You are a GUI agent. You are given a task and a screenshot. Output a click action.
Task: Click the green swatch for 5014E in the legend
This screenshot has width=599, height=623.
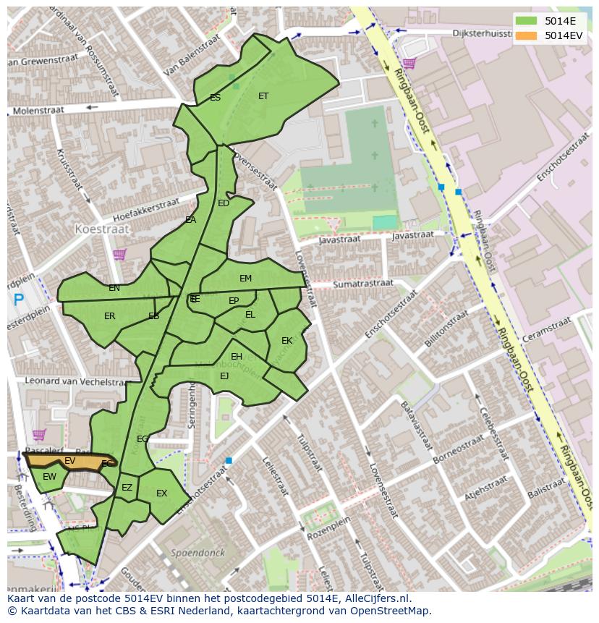[526, 21]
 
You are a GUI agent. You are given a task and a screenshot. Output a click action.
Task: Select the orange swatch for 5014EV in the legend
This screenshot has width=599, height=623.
[526, 35]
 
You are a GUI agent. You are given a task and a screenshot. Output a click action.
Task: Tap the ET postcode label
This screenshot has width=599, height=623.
[263, 96]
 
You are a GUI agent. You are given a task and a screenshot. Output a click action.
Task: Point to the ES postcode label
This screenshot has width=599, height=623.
[215, 98]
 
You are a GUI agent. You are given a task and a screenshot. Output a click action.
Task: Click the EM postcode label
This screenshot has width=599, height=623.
[246, 279]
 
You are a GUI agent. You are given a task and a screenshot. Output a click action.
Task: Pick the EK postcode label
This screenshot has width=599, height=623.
[287, 341]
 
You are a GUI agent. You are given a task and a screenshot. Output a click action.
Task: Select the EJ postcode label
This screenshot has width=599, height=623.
[224, 376]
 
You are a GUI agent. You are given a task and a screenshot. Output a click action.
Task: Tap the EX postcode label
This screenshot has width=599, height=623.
[161, 493]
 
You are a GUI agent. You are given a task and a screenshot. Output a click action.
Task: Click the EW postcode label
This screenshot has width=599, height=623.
[49, 477]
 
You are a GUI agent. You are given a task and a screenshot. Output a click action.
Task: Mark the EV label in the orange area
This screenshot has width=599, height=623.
[70, 461]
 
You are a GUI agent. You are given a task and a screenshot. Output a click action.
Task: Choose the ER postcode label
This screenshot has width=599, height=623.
[110, 316]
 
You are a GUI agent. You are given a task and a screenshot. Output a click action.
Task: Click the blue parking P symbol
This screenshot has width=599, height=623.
[18, 299]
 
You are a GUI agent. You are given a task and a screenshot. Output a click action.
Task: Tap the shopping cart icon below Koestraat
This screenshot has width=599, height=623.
[119, 254]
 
